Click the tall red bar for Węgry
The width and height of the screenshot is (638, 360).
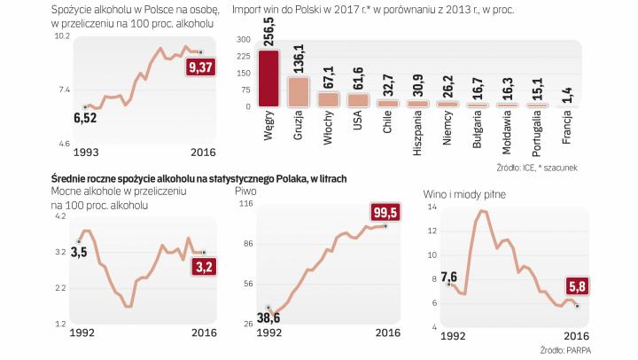[267, 79]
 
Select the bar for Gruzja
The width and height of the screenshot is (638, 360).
[299, 91]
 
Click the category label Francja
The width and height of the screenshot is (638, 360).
[567, 130]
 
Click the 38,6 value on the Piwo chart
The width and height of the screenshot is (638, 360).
[268, 318]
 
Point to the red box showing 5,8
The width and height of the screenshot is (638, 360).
[577, 287]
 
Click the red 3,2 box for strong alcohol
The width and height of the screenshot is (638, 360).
[204, 265]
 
